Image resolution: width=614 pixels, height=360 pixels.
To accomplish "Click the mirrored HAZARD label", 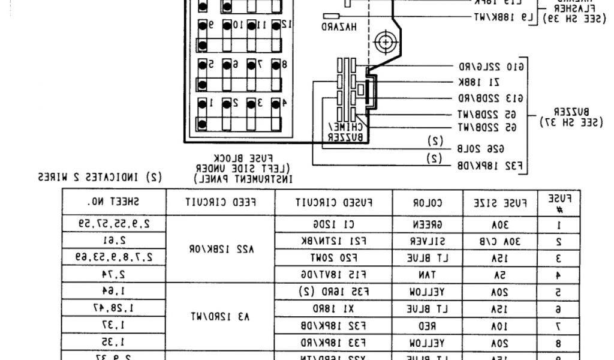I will coord(339,27).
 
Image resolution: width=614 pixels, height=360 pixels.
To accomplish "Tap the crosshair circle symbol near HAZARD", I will coord(383,43).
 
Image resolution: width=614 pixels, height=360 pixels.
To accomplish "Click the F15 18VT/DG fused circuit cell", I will coord(334,274).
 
